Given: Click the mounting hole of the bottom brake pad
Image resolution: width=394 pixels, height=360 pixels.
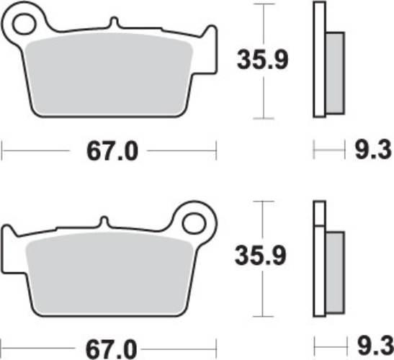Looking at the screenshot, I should pyautogui.click(x=194, y=221).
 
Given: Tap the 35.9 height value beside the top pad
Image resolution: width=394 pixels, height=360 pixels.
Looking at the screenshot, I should pyautogui.click(x=262, y=60).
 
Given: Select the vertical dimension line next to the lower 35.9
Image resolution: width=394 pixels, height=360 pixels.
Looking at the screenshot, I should pyautogui.click(x=267, y=216).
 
